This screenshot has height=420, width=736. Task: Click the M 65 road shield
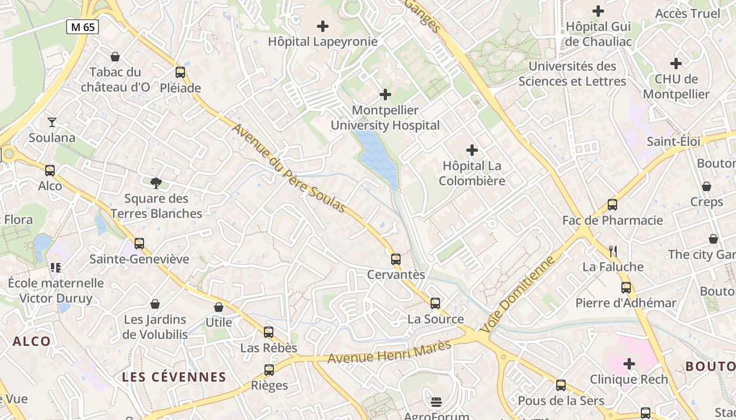pyautogui.click(x=83, y=27)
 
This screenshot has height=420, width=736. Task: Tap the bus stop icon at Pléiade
pyautogui.click(x=180, y=72)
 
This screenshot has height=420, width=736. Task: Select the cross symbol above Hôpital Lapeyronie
pyautogui.click(x=323, y=26)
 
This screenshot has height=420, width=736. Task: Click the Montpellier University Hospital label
pyautogui.click(x=385, y=118)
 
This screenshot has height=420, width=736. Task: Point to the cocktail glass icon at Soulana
pyautogui.click(x=52, y=122)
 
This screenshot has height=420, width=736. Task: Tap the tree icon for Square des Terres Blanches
pyautogui.click(x=156, y=183)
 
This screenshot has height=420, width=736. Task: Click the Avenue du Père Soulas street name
pyautogui.click(x=289, y=169)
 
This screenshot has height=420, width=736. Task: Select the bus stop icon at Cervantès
pyautogui.click(x=396, y=259)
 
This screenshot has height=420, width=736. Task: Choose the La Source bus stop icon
pyautogui.click(x=435, y=303)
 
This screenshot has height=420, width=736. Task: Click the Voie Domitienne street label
pyautogui.click(x=518, y=294)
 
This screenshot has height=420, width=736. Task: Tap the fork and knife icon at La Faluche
pyautogui.click(x=612, y=251)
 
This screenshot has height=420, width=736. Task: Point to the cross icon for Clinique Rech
pyautogui.click(x=629, y=364)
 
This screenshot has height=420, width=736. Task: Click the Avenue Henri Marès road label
pyautogui.click(x=390, y=352)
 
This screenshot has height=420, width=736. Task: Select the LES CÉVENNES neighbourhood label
pyautogui.click(x=174, y=377)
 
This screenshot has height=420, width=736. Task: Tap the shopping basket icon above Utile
pyautogui.click(x=219, y=307)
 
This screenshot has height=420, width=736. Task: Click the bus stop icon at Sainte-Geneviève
pyautogui.click(x=139, y=244)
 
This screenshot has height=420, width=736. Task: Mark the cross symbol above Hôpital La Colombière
pyautogui.click(x=472, y=151)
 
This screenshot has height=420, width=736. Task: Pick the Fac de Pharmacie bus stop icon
pyautogui.click(x=612, y=205)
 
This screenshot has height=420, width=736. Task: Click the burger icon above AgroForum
pyautogui.click(x=436, y=402)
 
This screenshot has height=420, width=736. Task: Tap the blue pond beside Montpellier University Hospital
pyautogui.click(x=377, y=155)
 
